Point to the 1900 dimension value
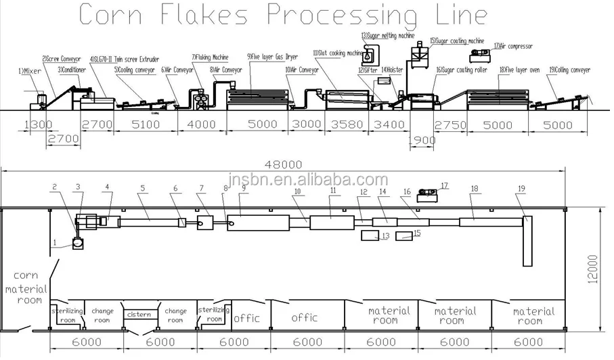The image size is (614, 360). pyautogui.click(x=423, y=141)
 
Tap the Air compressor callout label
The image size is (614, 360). pyautogui.click(x=512, y=47)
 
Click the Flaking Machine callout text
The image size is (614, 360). pyautogui.click(x=211, y=57)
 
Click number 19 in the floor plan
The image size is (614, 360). pyautogui.click(x=521, y=189)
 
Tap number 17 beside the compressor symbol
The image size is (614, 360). pyautogui.click(x=444, y=185)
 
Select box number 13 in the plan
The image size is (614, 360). pyautogui.click(x=370, y=235)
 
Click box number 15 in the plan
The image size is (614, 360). pyautogui.click(x=405, y=235)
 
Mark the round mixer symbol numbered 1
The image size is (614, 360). pyautogui.click(x=78, y=242)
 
